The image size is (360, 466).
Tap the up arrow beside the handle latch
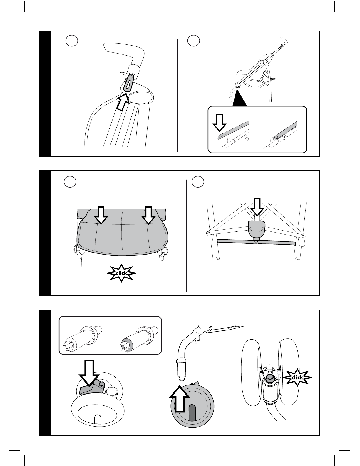tap(123, 102)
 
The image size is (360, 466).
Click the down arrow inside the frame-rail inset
tap(220, 122)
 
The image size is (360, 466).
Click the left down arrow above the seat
tap(101, 215)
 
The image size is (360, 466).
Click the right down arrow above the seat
tap(148, 215)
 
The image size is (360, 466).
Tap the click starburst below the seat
tap(121, 273)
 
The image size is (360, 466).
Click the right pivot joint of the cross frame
tap(303, 235)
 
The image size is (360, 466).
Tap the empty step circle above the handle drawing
tap(71, 40)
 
